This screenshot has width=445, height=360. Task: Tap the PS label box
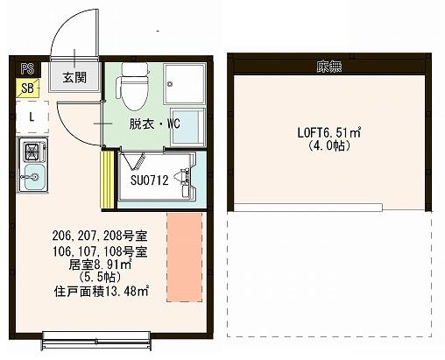pos(26,67)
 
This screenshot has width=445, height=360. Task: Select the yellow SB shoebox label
pos(28,87)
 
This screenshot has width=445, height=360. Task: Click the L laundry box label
pos(32,116)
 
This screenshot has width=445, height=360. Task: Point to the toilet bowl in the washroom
pos(135,83)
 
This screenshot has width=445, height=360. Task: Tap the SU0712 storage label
pos(149,181)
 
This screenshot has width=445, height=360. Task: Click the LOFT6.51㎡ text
pos(329,133)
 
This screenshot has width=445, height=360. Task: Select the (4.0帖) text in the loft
pos(329,146)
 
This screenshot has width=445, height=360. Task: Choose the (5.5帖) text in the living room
pos(102,278)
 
